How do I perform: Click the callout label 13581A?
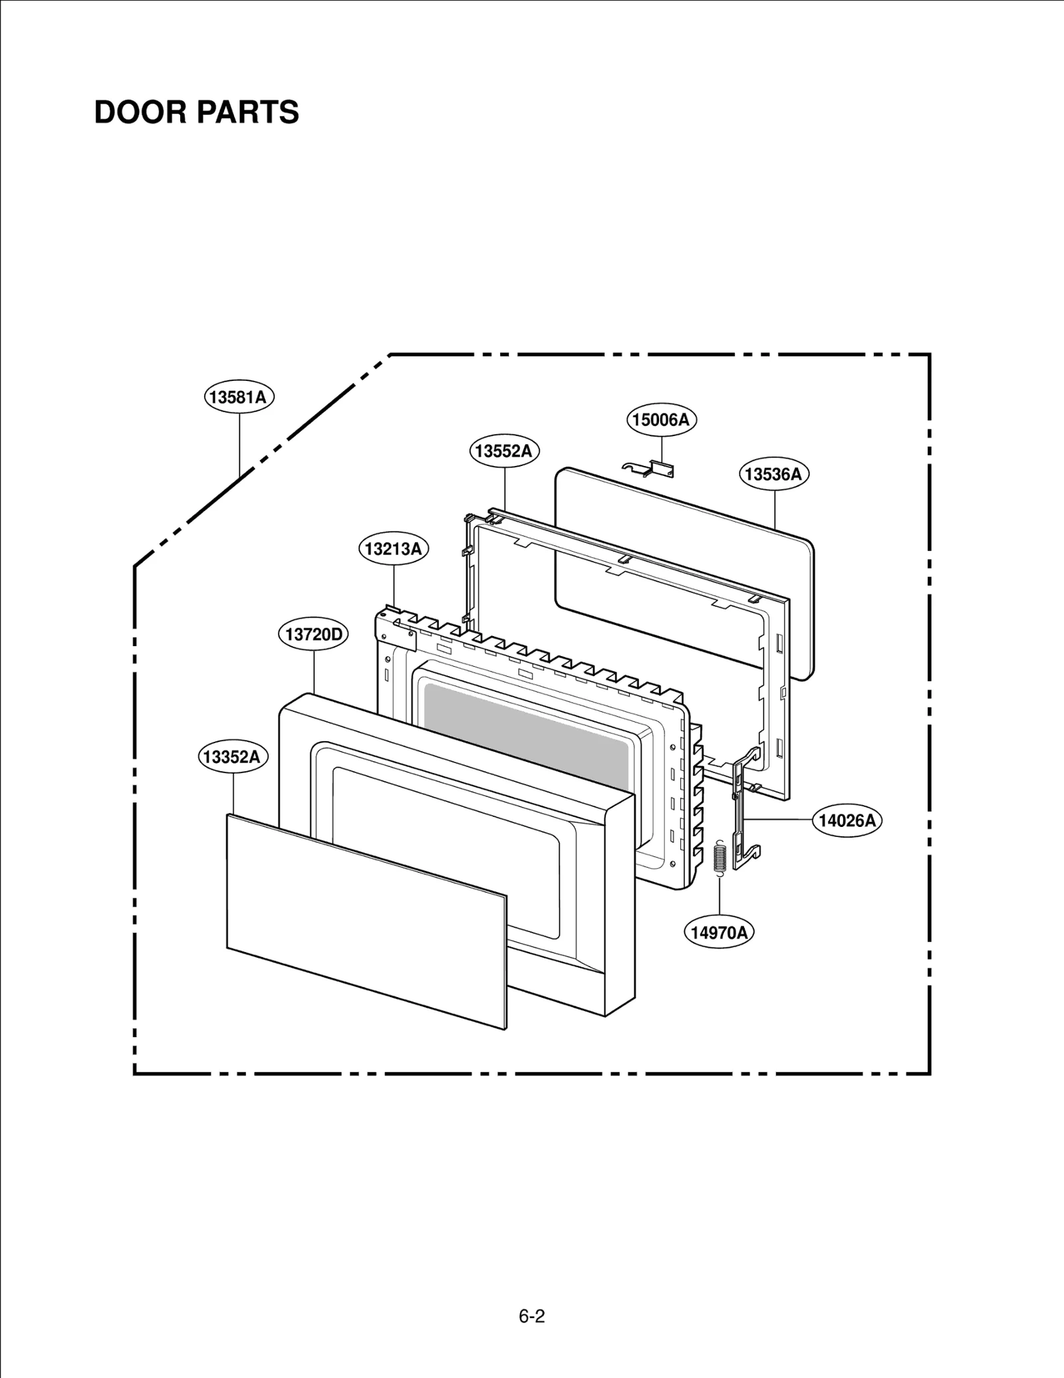[x=239, y=398]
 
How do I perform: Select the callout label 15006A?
[x=662, y=420]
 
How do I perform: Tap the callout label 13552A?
[x=504, y=451]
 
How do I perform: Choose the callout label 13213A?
[x=394, y=549]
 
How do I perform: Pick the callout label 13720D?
[x=313, y=634]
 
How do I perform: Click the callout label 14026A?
[x=847, y=820]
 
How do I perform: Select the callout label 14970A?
[x=719, y=933]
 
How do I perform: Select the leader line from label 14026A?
[x=778, y=820]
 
